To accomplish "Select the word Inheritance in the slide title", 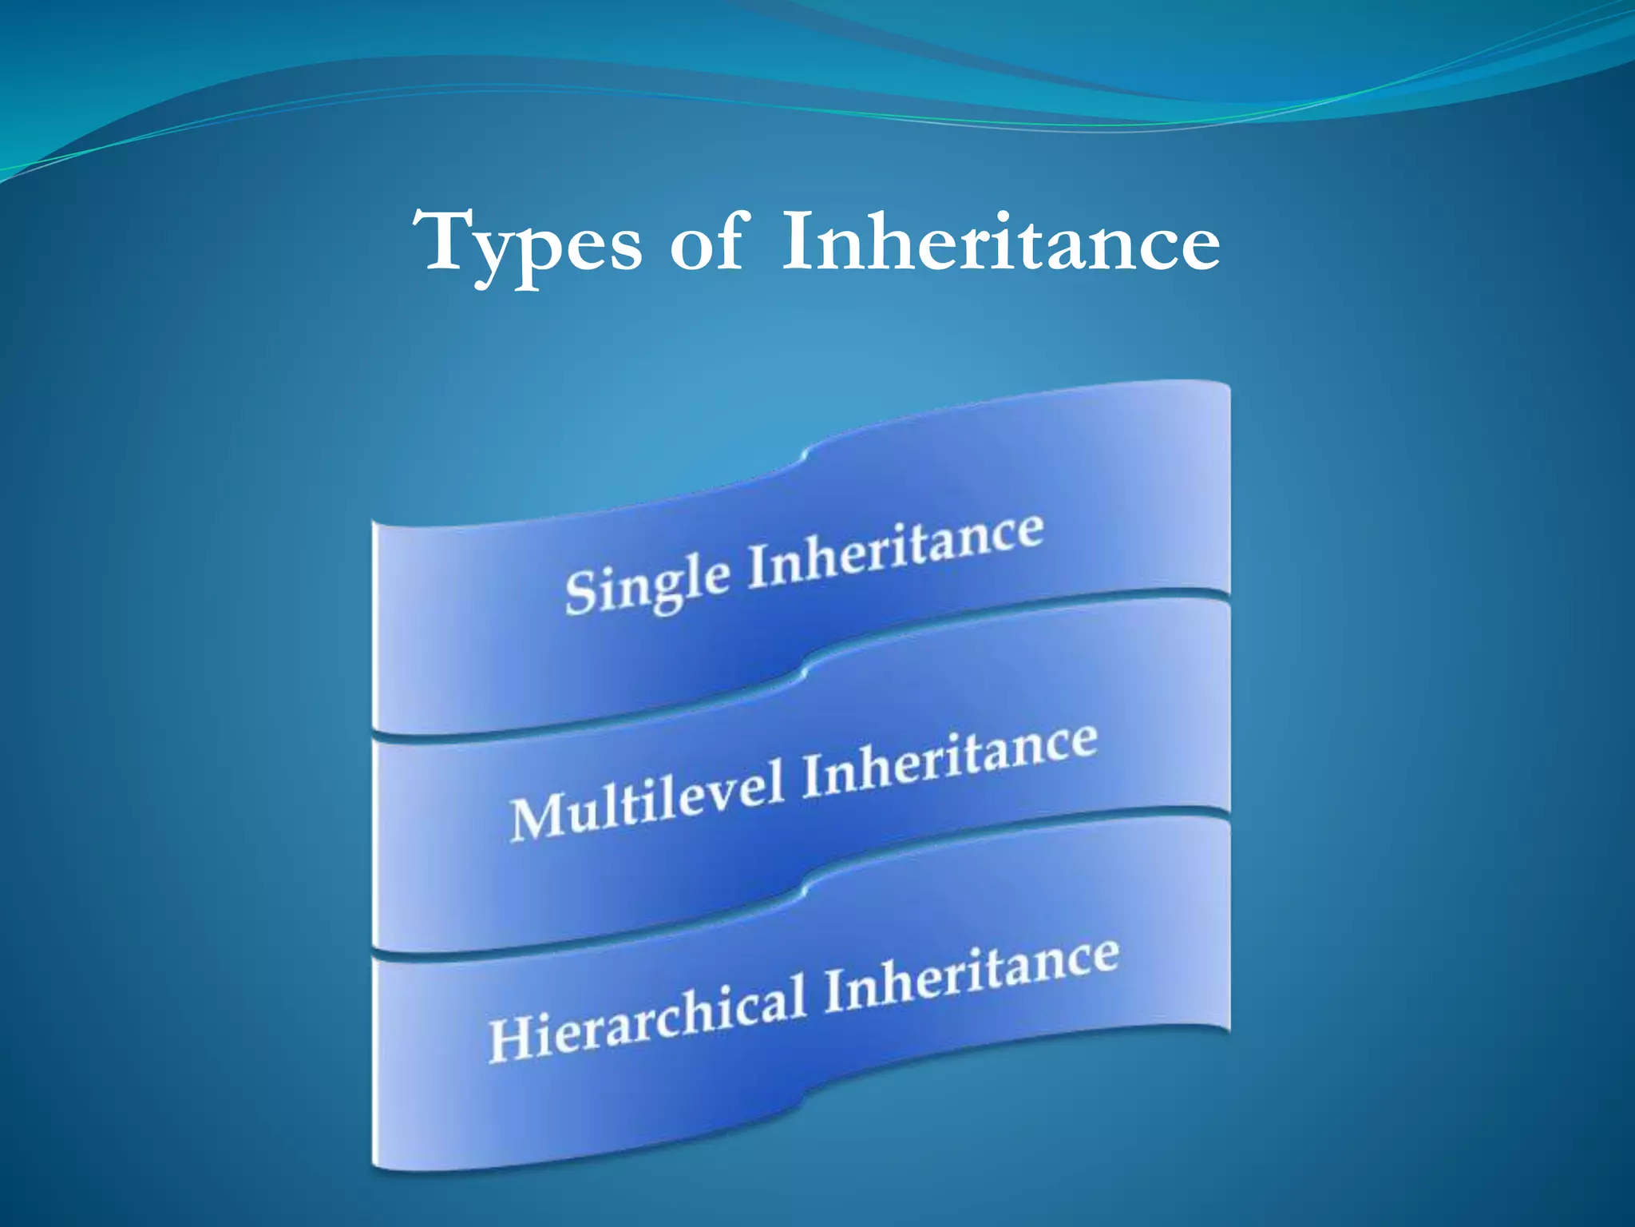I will [x=1000, y=240].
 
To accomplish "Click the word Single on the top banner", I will [x=647, y=582].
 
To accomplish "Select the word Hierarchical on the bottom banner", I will [x=647, y=1016].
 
